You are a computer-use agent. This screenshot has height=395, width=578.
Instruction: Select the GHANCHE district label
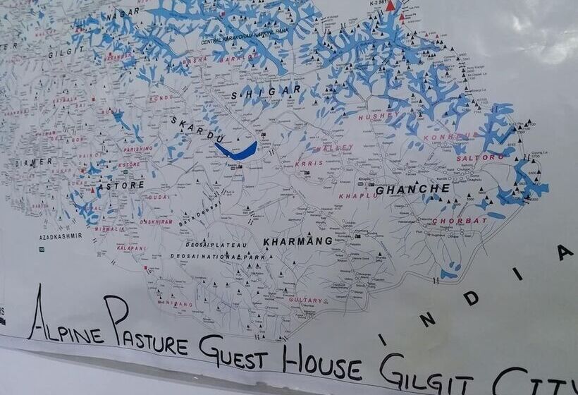[412, 189]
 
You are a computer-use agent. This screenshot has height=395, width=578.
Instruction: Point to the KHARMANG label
[297, 241]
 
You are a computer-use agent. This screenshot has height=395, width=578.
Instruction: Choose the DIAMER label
[34, 162]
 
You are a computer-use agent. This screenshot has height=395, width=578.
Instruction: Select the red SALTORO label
[481, 157]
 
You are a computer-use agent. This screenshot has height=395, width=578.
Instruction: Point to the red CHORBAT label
[459, 221]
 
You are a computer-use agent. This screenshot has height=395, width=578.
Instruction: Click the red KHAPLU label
[359, 196]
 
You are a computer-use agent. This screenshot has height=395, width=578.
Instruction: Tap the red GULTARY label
[306, 300]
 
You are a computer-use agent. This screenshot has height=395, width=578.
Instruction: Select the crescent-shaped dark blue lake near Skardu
[235, 151]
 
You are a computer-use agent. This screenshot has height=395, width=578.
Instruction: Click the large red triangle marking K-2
[391, 6]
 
